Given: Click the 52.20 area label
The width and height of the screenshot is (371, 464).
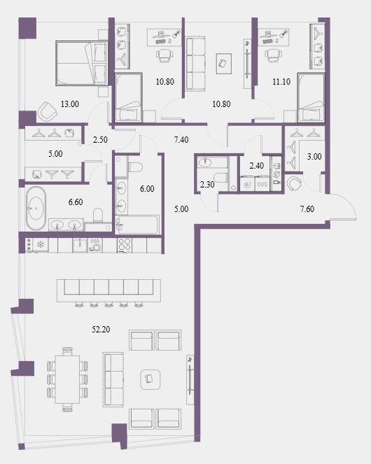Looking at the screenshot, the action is [101, 330].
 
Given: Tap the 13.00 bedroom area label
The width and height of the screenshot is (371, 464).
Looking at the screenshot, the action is [70, 104].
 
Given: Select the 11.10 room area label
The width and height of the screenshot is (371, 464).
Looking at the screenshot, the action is [281, 82].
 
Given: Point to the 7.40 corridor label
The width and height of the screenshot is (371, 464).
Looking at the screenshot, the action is [181, 140].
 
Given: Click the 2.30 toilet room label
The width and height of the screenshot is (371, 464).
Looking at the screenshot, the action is [207, 185].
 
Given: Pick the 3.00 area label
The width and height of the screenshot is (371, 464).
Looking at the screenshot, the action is [314, 157].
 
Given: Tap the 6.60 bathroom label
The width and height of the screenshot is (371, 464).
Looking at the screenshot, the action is [76, 202].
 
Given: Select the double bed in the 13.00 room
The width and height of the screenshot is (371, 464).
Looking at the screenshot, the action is [82, 63].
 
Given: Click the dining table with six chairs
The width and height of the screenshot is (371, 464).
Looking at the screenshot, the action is [67, 379].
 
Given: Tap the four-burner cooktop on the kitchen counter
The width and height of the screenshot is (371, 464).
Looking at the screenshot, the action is [125, 245].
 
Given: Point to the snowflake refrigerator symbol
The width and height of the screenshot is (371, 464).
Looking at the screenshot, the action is [39, 245].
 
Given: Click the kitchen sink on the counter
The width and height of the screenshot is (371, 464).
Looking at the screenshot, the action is [80, 246].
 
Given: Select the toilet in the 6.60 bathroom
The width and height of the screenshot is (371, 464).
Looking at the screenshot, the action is [98, 215].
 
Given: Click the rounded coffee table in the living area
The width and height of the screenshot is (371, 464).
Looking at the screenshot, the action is [150, 379].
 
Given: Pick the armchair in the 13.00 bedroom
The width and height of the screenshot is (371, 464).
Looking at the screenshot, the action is [47, 111].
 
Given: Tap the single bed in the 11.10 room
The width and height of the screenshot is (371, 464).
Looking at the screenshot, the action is [311, 98].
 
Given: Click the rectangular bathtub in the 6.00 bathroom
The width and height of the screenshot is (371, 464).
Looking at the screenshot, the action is [138, 225].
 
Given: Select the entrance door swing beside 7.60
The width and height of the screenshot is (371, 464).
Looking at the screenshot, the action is [344, 207].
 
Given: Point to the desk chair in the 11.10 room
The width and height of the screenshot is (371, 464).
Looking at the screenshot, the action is [272, 55].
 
